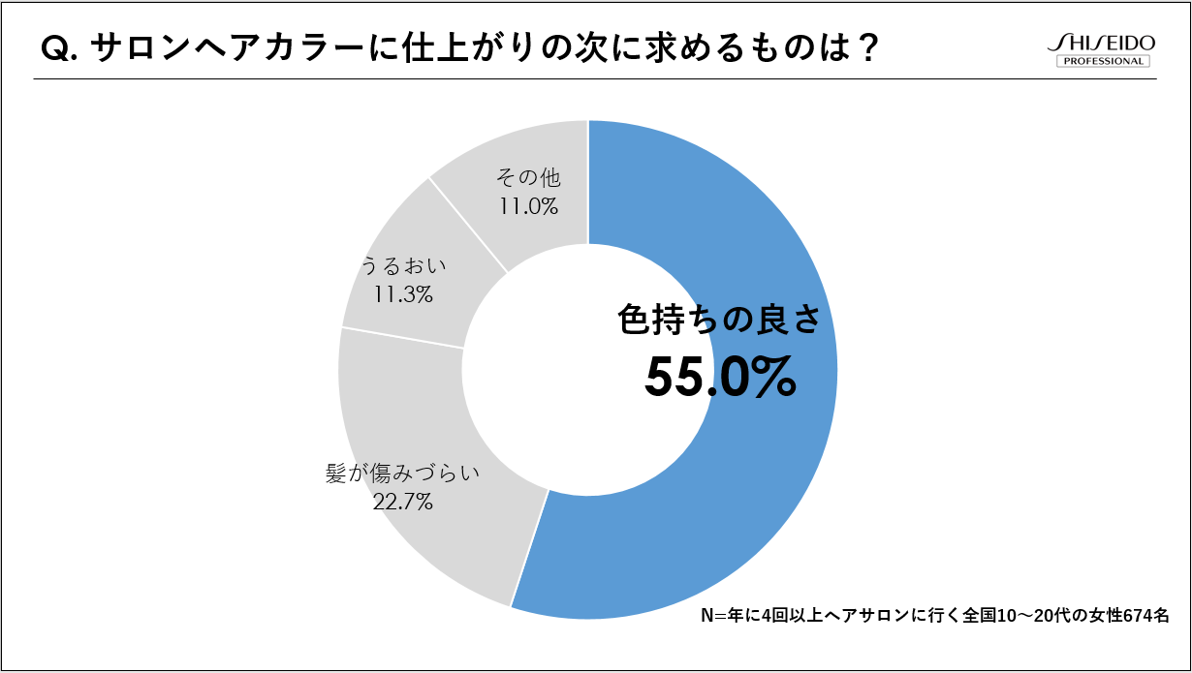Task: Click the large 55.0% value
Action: (720, 378)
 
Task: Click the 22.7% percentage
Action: (402, 502)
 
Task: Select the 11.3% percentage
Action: (402, 294)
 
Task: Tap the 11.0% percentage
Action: (528, 205)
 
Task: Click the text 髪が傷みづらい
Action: (403, 474)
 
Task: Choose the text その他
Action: (528, 177)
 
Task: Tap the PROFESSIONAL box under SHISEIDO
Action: (1102, 62)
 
